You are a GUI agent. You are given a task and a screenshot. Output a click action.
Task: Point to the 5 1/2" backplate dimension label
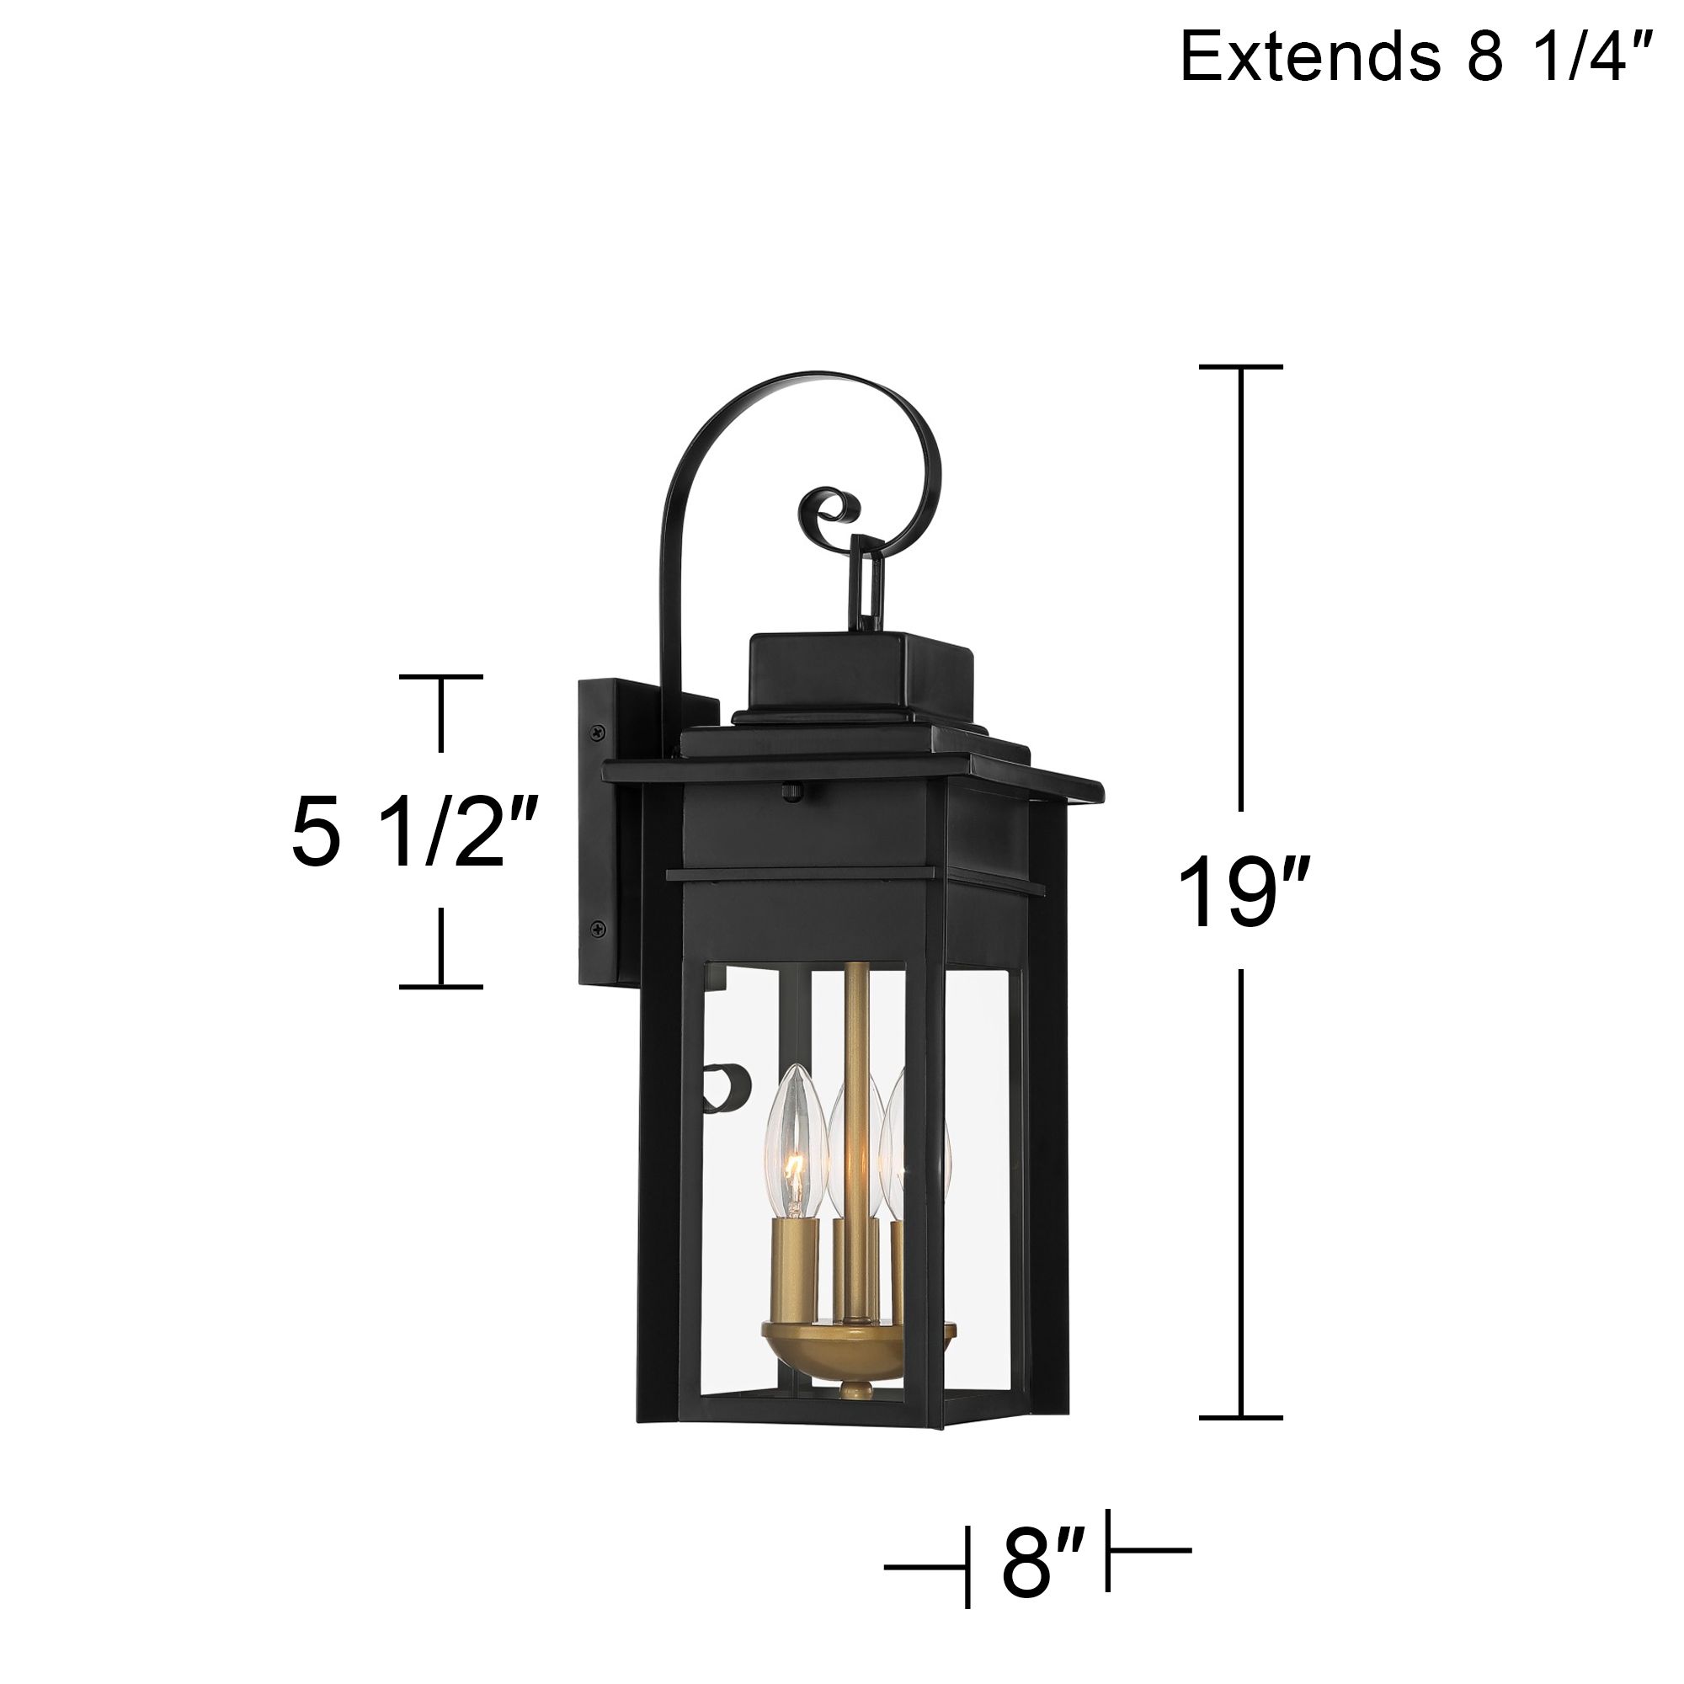tap(410, 833)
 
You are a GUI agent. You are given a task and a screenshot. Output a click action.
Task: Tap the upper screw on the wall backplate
tap(598, 733)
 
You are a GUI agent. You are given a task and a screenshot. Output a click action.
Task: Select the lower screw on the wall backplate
tap(598, 927)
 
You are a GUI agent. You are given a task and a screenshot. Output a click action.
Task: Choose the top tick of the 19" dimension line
tap(1241, 367)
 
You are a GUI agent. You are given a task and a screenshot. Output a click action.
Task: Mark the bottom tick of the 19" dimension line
tap(1241, 1418)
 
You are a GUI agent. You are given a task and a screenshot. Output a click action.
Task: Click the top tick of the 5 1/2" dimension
tap(441, 676)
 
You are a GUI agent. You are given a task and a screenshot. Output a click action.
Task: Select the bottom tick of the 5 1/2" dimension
tap(441, 987)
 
